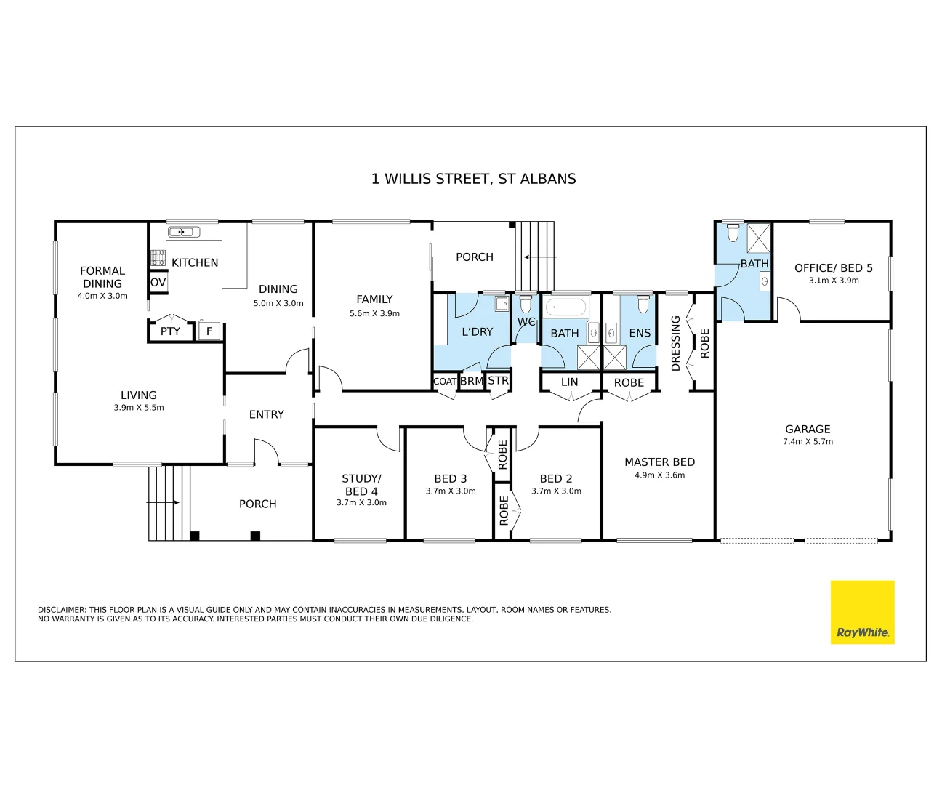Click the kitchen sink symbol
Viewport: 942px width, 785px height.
[x=184, y=232]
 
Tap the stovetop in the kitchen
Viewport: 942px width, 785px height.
[x=158, y=258]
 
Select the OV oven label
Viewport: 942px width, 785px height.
[x=158, y=283]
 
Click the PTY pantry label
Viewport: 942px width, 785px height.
[x=170, y=331]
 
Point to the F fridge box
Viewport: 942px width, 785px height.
[x=209, y=331]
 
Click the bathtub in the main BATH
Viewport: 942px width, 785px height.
[x=565, y=307]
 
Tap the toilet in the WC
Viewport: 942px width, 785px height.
[x=525, y=305]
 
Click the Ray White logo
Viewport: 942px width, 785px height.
[x=862, y=612]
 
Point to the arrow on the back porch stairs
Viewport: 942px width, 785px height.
[x=540, y=257]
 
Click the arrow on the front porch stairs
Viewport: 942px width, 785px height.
[x=163, y=502]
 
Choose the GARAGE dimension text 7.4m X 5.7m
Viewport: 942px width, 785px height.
[x=808, y=442]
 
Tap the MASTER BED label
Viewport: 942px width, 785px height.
[x=659, y=462]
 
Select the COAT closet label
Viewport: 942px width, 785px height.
[x=445, y=382]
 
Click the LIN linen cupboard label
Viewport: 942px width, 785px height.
[x=569, y=382]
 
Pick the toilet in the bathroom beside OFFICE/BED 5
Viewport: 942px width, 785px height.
[x=733, y=233]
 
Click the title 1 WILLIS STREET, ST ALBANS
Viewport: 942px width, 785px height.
[x=473, y=179]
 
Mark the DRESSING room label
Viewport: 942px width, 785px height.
[x=675, y=343]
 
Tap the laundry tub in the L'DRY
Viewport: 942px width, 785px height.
[x=502, y=304]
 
